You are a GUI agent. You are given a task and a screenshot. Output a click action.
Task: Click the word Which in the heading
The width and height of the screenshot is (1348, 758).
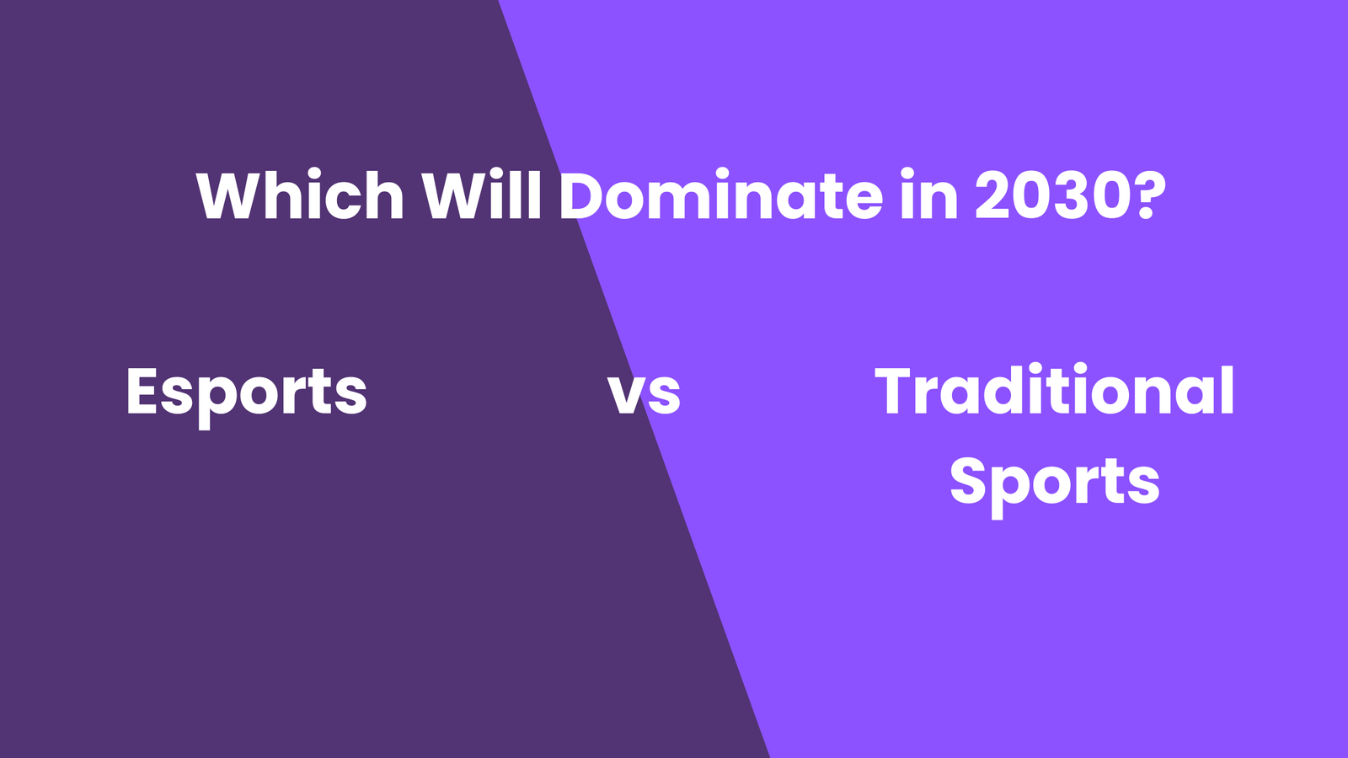(x=300, y=195)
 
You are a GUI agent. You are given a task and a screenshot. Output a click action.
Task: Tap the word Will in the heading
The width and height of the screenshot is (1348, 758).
(x=481, y=195)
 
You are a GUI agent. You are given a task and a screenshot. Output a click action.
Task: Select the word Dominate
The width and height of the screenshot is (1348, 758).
(x=721, y=195)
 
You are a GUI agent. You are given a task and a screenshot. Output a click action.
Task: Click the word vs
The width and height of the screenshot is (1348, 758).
(x=644, y=394)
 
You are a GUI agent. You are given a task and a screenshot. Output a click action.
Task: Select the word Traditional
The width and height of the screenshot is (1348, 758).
(x=1054, y=390)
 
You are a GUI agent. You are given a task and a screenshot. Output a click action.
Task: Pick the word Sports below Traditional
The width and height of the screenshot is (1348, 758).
(x=1054, y=484)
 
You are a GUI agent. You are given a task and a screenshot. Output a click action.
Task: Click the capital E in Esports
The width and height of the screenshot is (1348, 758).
(x=142, y=391)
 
